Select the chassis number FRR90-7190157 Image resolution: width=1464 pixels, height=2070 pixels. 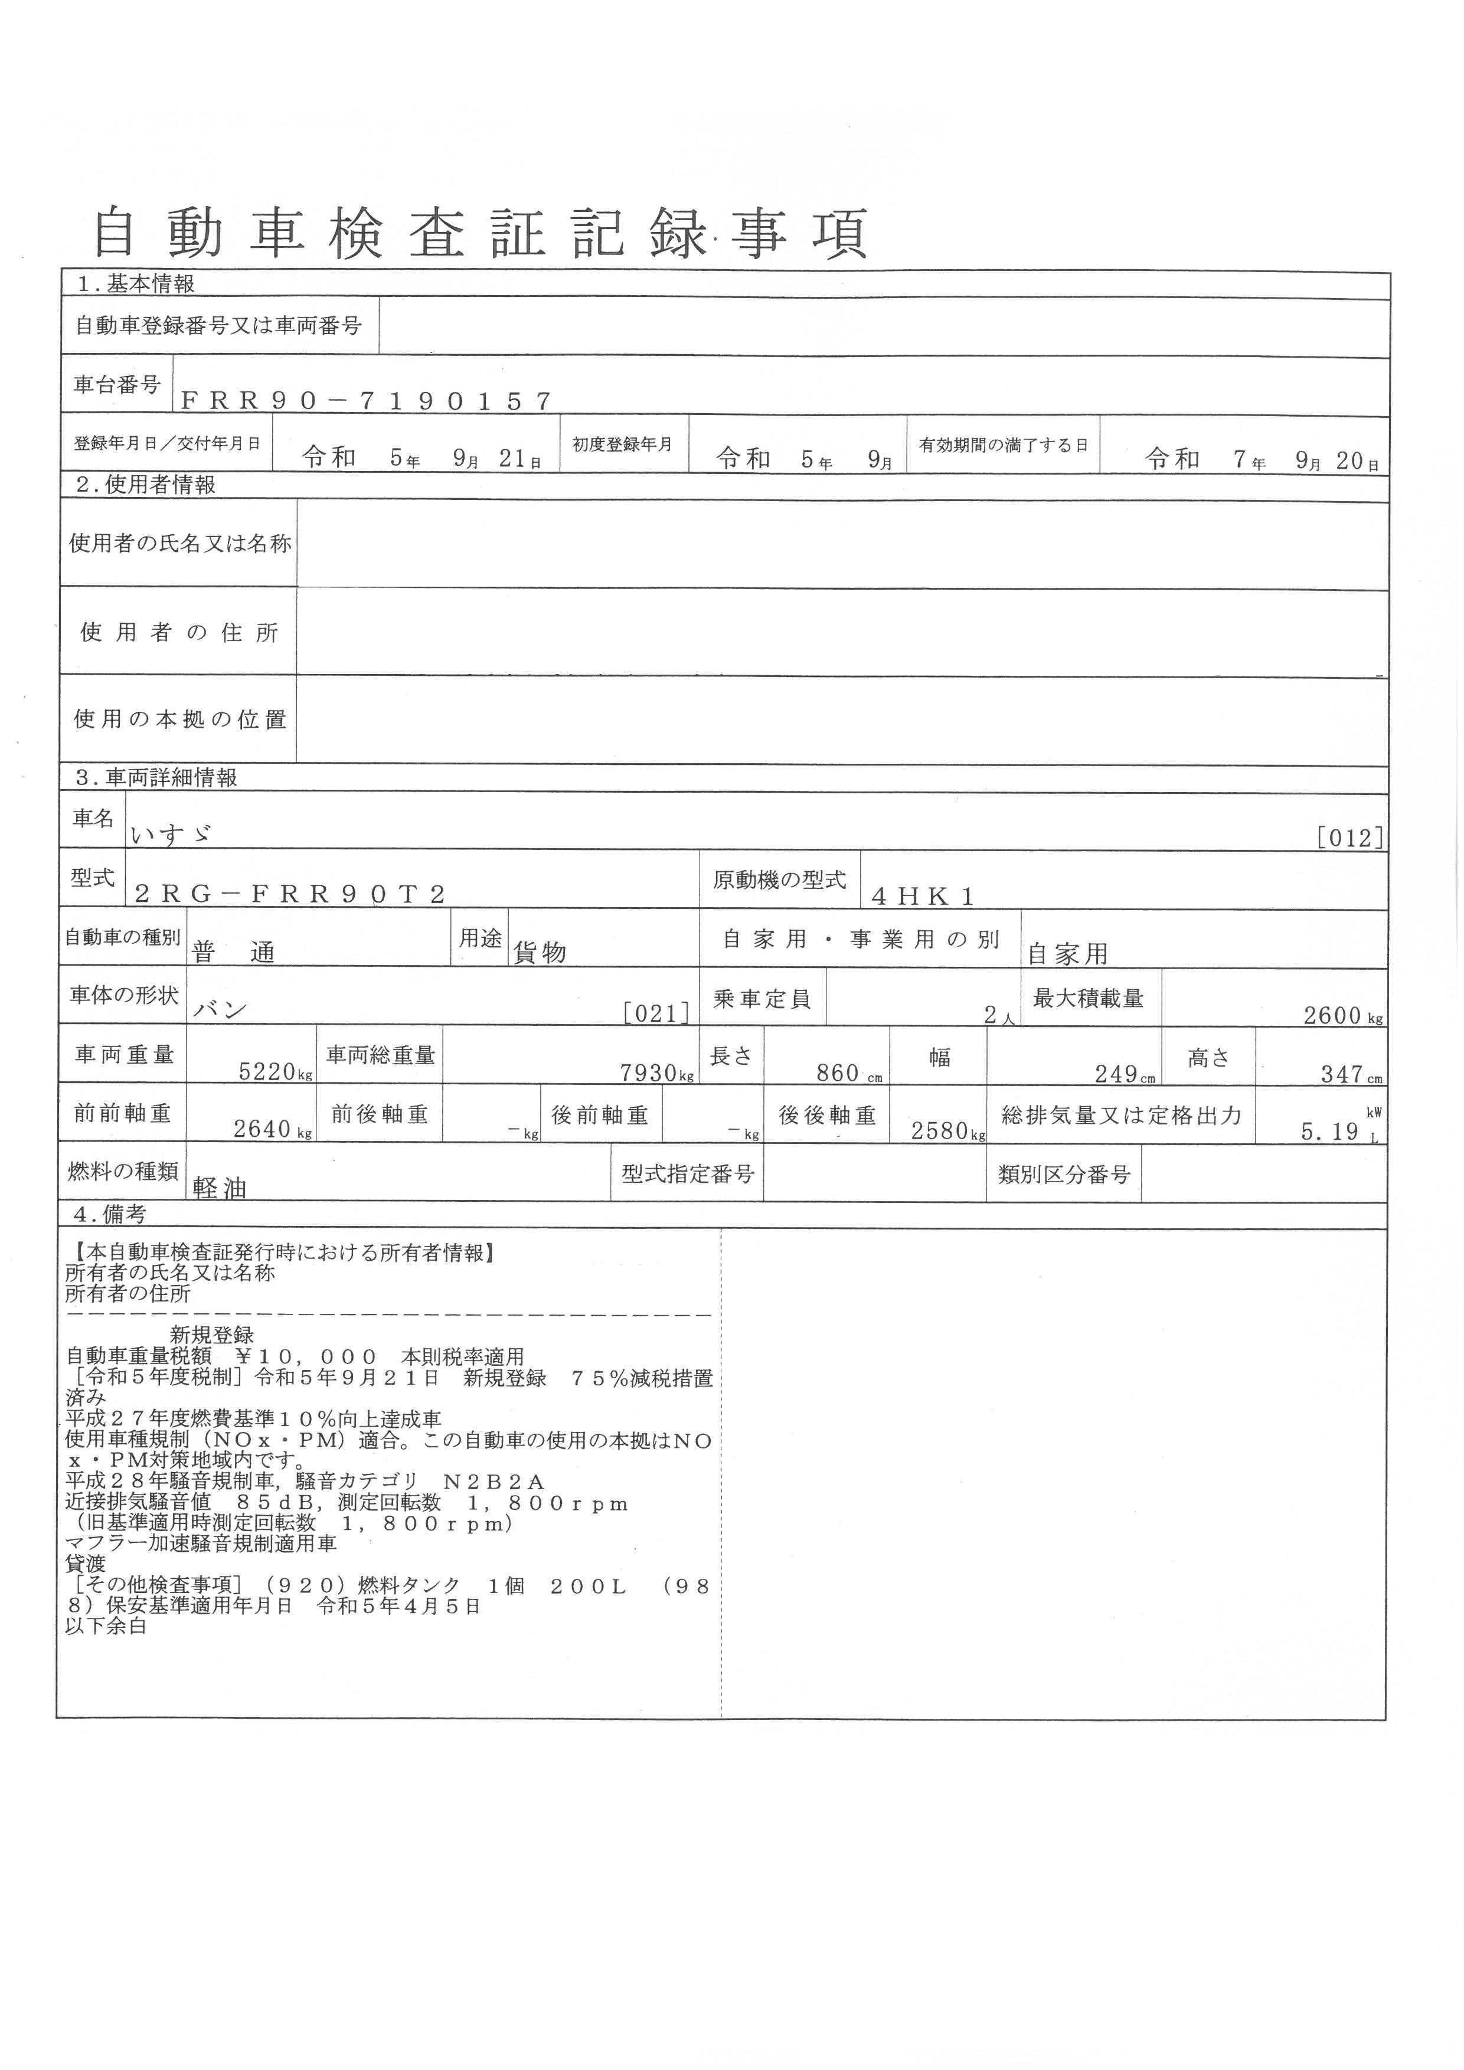(366, 401)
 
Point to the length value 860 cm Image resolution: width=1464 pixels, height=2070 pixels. (844, 1073)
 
